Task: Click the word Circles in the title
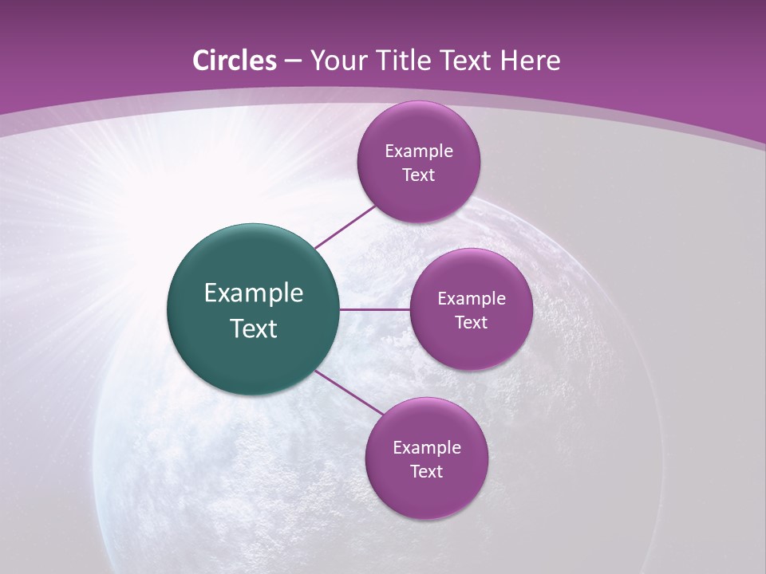(235, 61)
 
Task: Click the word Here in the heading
(531, 61)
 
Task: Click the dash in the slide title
(293, 61)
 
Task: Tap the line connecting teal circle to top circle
(345, 226)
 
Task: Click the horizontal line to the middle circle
(375, 309)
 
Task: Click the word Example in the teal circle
(254, 293)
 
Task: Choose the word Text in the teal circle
(254, 328)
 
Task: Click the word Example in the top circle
(419, 151)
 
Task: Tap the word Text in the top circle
(419, 175)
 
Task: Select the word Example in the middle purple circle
(472, 299)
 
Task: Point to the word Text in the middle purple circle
(472, 323)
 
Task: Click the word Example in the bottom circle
(427, 448)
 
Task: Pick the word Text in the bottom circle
(427, 472)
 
